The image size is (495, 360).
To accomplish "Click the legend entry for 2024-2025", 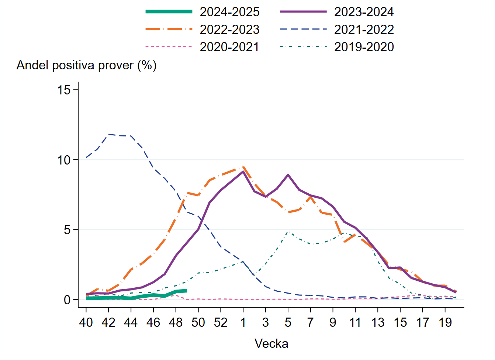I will (229, 12).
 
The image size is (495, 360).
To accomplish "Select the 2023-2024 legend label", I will (364, 12).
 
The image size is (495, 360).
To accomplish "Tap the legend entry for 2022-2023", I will (229, 30).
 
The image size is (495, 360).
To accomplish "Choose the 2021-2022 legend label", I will (364, 30).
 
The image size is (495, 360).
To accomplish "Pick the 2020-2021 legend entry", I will (229, 47).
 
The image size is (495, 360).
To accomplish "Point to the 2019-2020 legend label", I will (364, 47).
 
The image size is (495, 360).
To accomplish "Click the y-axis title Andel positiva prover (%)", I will (87, 65).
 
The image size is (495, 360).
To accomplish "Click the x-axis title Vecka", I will (271, 344).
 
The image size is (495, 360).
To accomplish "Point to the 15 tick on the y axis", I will (64, 90).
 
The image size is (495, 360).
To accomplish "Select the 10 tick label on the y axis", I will (64, 160).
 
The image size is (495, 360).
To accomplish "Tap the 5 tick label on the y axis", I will (67, 230).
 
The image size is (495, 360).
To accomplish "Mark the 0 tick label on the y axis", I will (67, 300).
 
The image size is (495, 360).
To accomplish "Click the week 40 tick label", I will (86, 322).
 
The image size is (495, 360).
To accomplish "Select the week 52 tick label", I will (221, 322).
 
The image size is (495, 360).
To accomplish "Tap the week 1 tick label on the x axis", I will (243, 322).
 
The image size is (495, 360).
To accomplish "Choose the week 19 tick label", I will (445, 322).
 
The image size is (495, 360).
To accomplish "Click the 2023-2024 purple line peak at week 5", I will (288, 175).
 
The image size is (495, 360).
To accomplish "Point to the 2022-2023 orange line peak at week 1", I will (243, 166).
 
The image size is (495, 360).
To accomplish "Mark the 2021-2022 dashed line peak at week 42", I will (108, 134).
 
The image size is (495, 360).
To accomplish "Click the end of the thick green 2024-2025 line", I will (186, 291).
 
